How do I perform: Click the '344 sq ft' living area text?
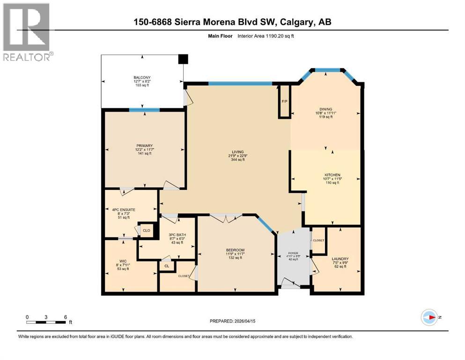pos(237,160)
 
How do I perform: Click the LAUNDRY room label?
pos(340,259)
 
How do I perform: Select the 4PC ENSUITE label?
pos(124,210)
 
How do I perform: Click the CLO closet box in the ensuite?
pos(146,230)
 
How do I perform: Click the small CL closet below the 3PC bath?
pos(166,266)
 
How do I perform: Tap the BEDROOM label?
pos(235,250)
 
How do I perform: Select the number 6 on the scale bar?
pos(65,316)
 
